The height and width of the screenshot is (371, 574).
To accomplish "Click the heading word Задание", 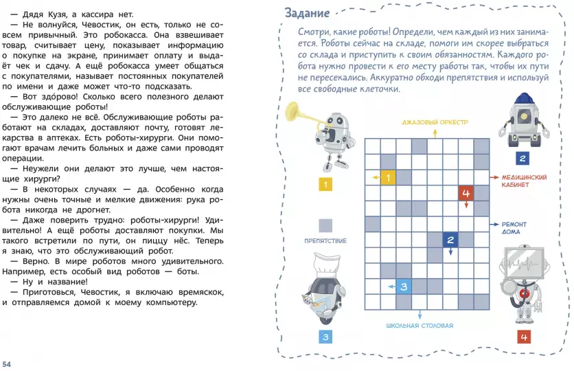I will point(307,13).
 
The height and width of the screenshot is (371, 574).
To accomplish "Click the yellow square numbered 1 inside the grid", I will point(388,177).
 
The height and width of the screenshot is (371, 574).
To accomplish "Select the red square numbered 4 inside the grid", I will point(466,193).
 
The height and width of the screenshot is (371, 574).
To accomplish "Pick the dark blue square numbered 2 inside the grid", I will point(450,240).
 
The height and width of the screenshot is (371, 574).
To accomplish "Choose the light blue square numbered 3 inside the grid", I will point(404,286).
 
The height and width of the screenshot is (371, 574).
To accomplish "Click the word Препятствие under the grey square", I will point(325,240).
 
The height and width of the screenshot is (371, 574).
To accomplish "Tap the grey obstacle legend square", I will point(325,225).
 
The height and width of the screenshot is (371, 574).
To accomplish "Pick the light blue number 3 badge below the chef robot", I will point(325,337).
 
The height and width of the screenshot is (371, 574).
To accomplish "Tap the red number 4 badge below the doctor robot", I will point(524,337).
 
